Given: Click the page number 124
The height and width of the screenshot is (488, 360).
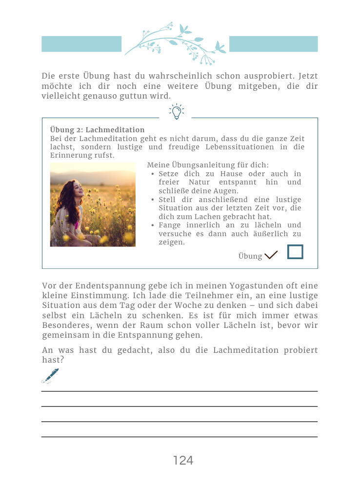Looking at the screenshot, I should [183, 460].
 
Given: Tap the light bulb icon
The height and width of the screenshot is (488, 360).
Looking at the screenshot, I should [176, 112].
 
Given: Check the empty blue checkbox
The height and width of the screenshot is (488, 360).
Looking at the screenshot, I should [295, 252].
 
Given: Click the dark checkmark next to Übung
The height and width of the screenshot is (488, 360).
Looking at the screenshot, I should [271, 255].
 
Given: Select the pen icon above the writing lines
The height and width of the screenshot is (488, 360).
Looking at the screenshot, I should [50, 375].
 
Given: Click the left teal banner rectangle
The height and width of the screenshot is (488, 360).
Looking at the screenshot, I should [81, 44].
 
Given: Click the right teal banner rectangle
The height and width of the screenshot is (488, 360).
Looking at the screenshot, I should [273, 44].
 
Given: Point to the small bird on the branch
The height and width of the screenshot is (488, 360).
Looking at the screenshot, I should [220, 48].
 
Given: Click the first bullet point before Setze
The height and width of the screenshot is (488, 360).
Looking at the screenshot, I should [153, 174].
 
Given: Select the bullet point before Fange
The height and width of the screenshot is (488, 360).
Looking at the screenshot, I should [153, 225].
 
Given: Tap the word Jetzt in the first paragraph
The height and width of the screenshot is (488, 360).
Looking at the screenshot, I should [307, 76].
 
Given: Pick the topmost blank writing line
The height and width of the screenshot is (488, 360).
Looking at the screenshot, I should [180, 391].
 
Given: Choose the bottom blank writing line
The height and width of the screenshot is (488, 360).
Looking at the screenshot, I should [180, 437].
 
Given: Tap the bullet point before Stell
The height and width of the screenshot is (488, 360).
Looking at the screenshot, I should [153, 200].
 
